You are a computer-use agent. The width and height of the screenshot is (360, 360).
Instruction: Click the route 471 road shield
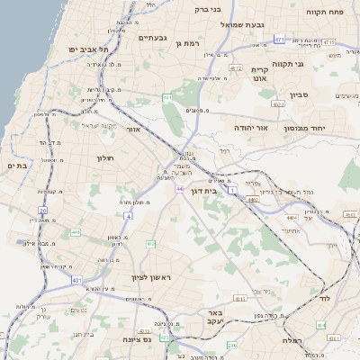coord(280,40)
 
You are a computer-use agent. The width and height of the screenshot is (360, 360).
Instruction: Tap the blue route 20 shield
coord(42,210)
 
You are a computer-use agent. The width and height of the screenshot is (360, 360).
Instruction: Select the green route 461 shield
coord(167,96)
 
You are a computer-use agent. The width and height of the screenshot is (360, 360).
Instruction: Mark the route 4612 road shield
coord(236,67)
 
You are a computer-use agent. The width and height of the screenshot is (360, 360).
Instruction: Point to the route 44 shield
coord(180,189)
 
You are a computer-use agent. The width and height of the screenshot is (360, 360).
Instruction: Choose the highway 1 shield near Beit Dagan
coord(231,190)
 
